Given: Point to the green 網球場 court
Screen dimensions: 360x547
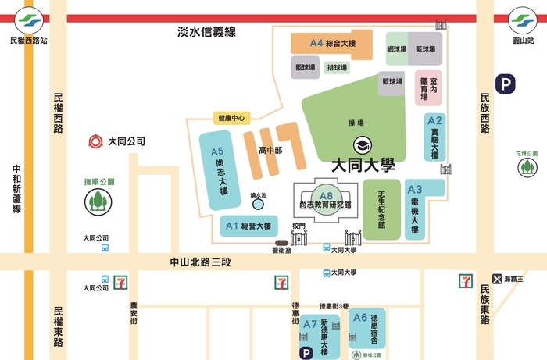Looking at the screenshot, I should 397,48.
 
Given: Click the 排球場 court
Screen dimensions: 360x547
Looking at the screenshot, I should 337,68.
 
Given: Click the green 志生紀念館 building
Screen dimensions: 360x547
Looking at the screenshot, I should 382,209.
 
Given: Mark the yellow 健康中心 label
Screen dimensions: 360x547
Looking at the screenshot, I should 231,119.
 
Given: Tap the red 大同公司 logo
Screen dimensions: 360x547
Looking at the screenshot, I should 95,142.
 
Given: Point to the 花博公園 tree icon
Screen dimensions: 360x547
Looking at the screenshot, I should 527,168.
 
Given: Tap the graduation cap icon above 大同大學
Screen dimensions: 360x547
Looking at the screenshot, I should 362,146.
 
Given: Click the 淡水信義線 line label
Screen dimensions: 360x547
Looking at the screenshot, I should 206,32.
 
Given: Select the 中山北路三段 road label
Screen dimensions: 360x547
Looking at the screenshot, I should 202,263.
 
